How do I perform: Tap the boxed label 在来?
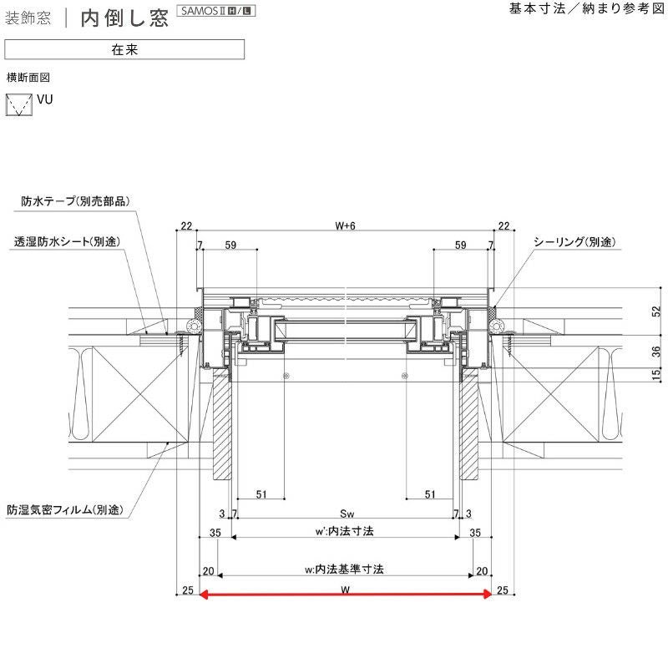(x=124, y=49)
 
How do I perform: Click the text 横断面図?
(x=29, y=77)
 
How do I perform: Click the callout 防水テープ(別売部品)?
(x=77, y=201)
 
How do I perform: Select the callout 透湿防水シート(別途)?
(x=67, y=241)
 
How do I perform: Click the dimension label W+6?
(x=345, y=225)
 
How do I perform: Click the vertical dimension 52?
(x=655, y=311)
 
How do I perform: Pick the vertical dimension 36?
(x=655, y=352)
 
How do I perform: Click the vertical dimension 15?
(x=655, y=375)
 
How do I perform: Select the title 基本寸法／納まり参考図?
(x=585, y=9)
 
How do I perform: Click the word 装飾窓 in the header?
(x=28, y=18)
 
